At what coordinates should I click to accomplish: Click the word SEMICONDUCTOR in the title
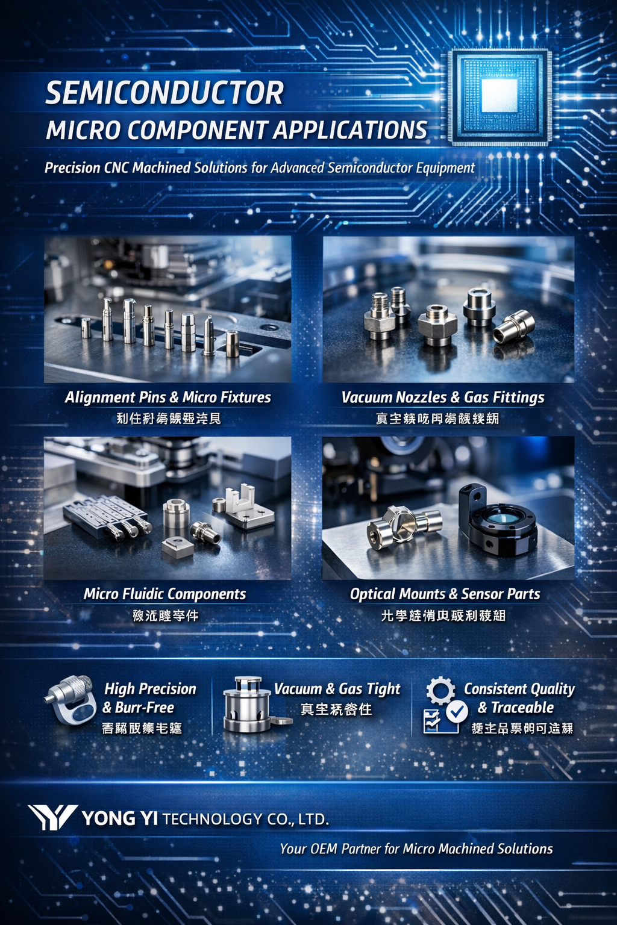click(x=164, y=93)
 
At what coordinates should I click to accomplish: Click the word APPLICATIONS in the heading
click(x=350, y=130)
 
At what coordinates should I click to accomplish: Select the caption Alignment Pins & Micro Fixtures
click(x=168, y=397)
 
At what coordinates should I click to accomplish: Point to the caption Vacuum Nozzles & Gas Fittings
click(x=443, y=397)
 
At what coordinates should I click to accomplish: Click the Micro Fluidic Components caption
click(x=164, y=594)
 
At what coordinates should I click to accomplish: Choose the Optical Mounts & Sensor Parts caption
click(x=445, y=594)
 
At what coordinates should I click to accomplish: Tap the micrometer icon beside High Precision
click(x=70, y=700)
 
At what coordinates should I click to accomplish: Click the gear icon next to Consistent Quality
click(x=440, y=690)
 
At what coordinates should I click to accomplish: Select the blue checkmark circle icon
click(x=457, y=712)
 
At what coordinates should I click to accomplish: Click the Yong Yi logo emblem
click(x=52, y=818)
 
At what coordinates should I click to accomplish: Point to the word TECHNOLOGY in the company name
click(x=212, y=819)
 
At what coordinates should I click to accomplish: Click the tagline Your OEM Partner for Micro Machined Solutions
click(x=416, y=849)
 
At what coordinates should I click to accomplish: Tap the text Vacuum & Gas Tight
click(x=337, y=689)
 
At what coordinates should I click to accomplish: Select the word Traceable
click(x=522, y=708)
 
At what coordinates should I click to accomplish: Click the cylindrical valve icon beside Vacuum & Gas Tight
click(x=248, y=705)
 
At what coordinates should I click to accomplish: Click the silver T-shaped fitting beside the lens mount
click(x=402, y=525)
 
